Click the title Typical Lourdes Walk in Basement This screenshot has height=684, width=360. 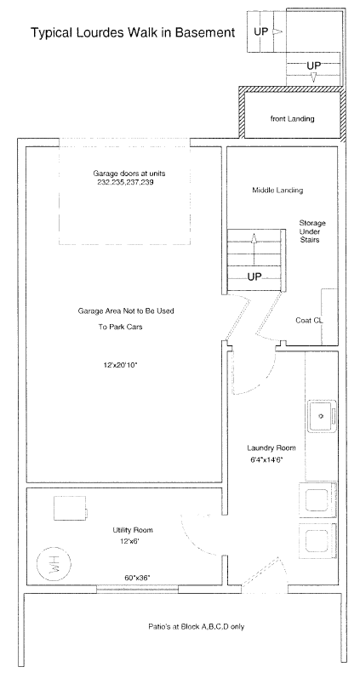click(x=133, y=32)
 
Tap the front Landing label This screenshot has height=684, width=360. click(x=293, y=118)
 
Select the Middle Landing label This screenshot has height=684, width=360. click(x=277, y=191)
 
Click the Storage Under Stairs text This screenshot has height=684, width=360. click(x=312, y=231)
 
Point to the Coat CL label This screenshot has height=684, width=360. click(x=310, y=320)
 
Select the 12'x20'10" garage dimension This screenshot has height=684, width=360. click(x=120, y=365)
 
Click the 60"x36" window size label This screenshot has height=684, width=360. click(x=137, y=578)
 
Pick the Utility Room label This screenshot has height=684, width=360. click(x=133, y=530)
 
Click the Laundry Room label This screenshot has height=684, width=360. click(x=271, y=447)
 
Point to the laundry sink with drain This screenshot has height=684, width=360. click(x=322, y=416)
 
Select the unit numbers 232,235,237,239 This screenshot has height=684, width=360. click(x=125, y=183)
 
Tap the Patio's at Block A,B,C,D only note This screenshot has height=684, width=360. click(x=197, y=627)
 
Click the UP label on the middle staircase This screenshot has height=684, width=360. click(x=254, y=276)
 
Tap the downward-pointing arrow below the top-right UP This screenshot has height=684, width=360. click(x=313, y=77)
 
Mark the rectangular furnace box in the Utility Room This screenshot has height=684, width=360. click(x=71, y=508)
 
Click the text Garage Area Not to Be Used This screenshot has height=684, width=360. click(x=126, y=311)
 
